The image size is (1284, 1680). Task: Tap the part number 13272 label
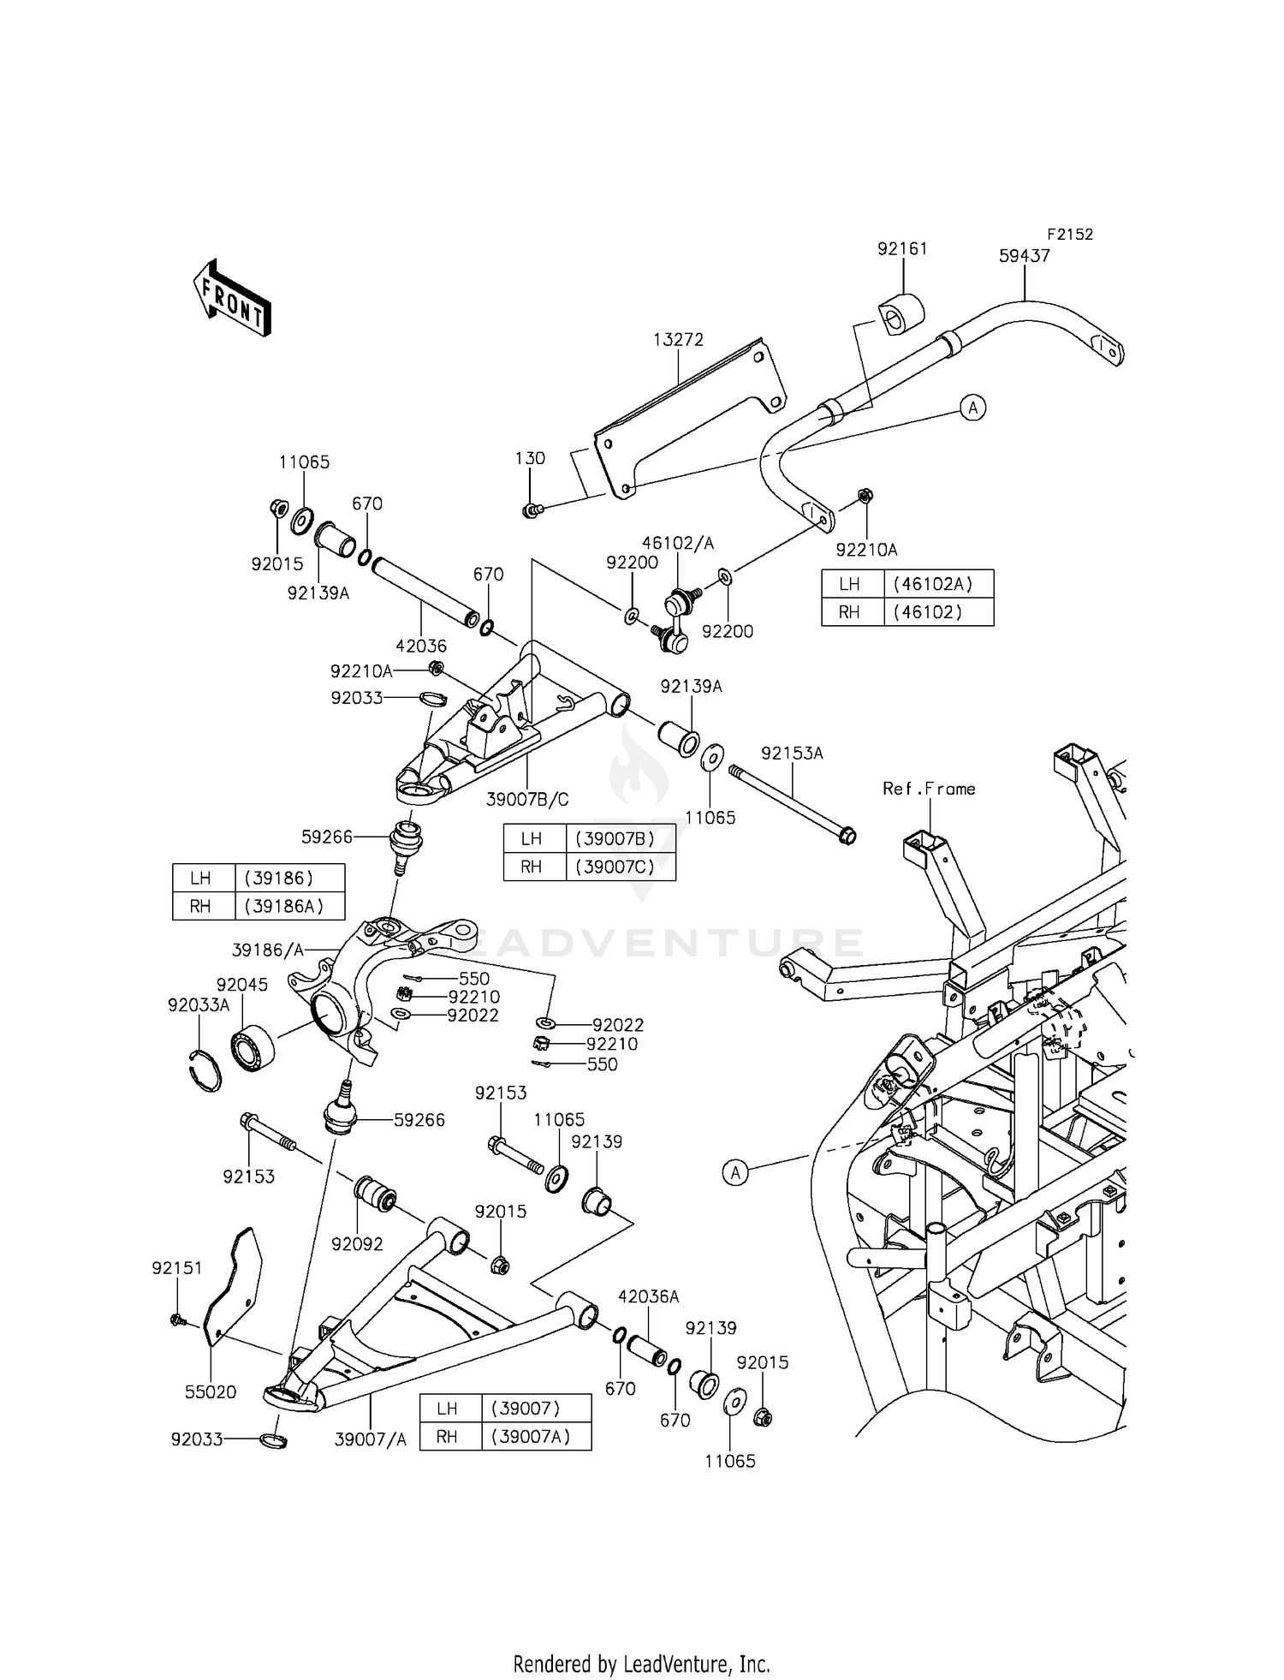pyautogui.click(x=678, y=340)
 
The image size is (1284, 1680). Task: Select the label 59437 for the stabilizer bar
pyautogui.click(x=1024, y=256)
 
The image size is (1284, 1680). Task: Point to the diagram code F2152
pyautogui.click(x=1069, y=235)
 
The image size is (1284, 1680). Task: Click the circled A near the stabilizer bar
pyautogui.click(x=972, y=408)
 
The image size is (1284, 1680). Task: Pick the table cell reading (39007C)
pyautogui.click(x=615, y=866)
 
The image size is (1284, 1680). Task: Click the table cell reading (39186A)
pyautogui.click(x=283, y=906)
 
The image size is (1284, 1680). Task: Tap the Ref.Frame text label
pyautogui.click(x=929, y=789)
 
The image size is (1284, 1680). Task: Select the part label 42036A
pyautogui.click(x=648, y=1297)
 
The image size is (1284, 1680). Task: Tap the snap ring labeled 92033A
pyautogui.click(x=205, y=1070)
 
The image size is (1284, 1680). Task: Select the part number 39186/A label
pyautogui.click(x=267, y=950)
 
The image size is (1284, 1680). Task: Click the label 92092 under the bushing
pyautogui.click(x=357, y=1244)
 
